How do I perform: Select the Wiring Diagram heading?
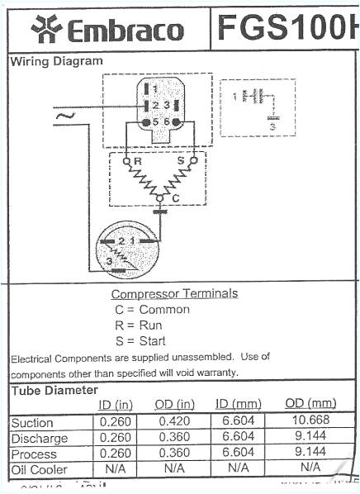[x=56, y=61]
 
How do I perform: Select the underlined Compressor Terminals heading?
[x=174, y=293]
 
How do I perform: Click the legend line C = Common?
[x=152, y=310]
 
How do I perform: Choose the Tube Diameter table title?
[x=54, y=390]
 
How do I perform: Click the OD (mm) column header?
[x=310, y=403]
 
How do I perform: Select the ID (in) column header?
[x=116, y=404]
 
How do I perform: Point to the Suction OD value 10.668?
[x=310, y=422]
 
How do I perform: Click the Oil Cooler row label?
[x=39, y=468]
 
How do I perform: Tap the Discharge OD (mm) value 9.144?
[x=310, y=438]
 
